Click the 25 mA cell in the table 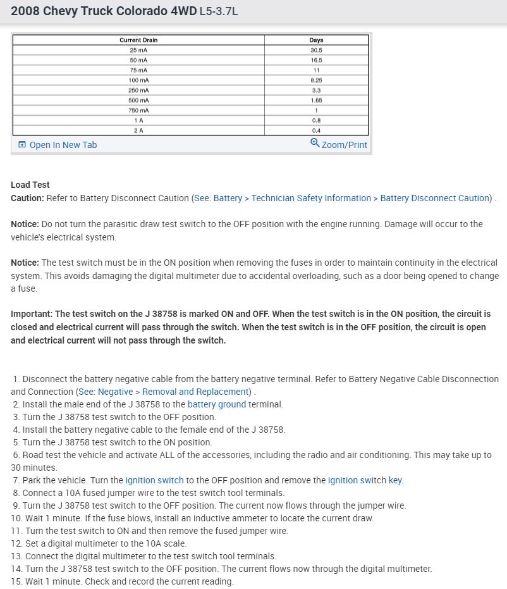pos(138,49)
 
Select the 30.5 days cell pos(316,49)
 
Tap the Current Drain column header pos(138,40)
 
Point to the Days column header pos(316,40)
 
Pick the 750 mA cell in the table pos(138,110)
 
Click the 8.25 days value pos(316,80)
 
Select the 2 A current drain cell pos(138,130)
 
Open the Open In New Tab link pos(63,145)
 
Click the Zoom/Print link pos(344,145)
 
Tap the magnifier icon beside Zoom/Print pos(315,143)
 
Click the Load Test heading pos(30,185)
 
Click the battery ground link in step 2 pos(217,404)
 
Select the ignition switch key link pos(395,480)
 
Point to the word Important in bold pos(32,314)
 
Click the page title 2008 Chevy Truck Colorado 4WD pos(104,12)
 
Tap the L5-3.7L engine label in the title pos(218,13)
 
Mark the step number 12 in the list pos(16,543)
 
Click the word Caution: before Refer pos(27,198)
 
